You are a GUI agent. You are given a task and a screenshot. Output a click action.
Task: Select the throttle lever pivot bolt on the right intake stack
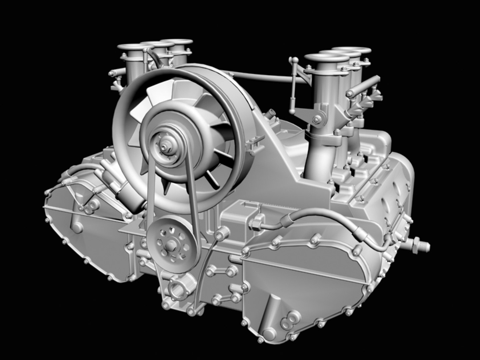pos(316,118)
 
